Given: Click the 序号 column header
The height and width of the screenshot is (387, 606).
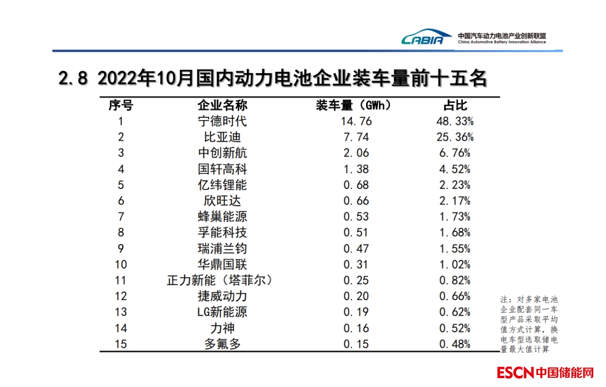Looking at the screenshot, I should click(x=121, y=106).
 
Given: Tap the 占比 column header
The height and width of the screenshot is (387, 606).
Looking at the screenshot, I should click(x=455, y=106).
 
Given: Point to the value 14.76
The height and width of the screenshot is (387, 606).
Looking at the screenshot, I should click(x=357, y=121).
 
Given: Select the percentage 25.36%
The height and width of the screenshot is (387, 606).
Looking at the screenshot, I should click(x=456, y=137).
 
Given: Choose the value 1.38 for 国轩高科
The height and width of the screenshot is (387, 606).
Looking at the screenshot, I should click(x=356, y=169).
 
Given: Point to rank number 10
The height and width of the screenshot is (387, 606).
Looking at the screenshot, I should click(x=121, y=265).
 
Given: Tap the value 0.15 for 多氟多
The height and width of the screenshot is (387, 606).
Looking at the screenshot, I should click(x=356, y=344).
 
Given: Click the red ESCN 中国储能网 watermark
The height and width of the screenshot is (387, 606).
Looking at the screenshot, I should click(x=545, y=373).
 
